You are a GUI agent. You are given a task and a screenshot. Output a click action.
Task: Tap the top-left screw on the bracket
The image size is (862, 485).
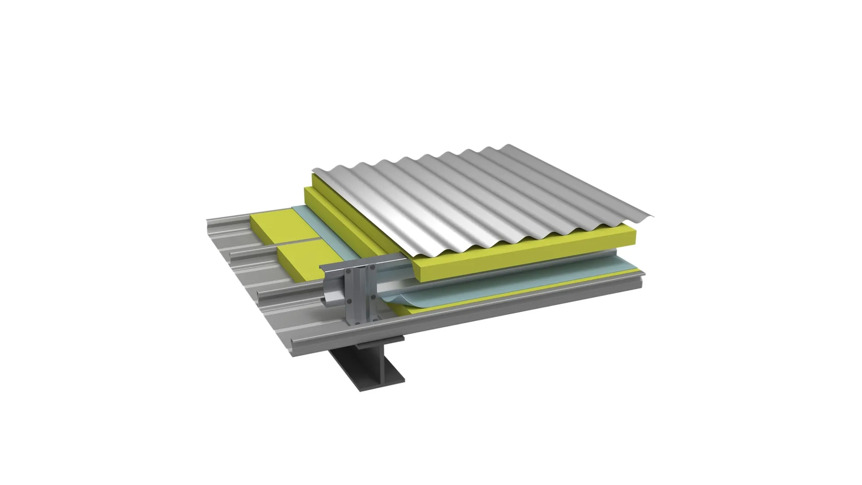pyautogui.click(x=348, y=271)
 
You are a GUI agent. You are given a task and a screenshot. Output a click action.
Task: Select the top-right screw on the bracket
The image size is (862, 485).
pyautogui.click(x=372, y=267)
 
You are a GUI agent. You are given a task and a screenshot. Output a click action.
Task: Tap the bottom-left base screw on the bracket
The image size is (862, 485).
pyautogui.click(x=357, y=323)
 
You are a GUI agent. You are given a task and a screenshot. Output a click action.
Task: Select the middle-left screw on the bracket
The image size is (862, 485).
pyautogui.click(x=349, y=301)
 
